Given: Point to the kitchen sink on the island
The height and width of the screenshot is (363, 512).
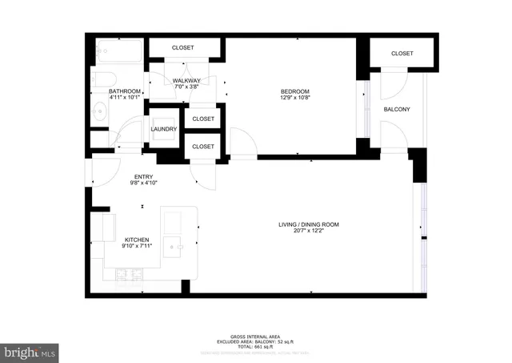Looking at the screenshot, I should (173, 245).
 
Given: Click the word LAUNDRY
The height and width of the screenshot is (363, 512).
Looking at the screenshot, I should (164, 129).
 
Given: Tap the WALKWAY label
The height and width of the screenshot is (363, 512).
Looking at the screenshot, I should (186, 81).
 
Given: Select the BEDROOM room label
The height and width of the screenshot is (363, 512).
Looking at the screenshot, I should (295, 91).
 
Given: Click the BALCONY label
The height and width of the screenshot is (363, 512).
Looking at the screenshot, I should (397, 109).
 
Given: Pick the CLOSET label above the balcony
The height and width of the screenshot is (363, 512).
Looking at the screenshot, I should (402, 54).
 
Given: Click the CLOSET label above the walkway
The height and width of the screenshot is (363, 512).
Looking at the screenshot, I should (183, 48).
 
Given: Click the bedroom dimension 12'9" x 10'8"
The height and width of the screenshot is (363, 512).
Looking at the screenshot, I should (295, 99).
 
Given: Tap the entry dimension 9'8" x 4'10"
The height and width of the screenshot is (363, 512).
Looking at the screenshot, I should (143, 183).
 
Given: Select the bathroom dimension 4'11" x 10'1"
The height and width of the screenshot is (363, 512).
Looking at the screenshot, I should (125, 99).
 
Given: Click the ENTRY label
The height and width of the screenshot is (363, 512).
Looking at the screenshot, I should (143, 176).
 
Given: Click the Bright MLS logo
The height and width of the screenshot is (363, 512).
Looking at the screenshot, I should (30, 351).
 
